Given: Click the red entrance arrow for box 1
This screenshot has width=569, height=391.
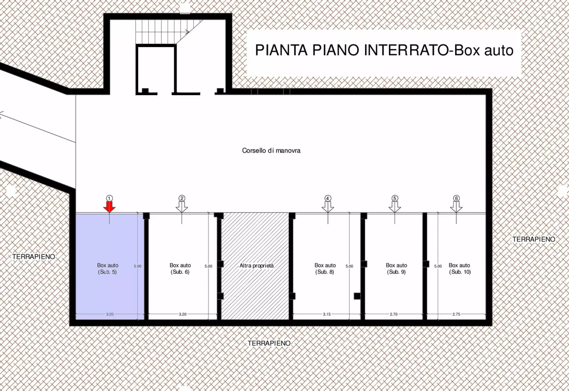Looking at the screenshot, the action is (109, 207).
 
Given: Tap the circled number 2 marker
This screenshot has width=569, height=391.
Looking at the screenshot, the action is (182, 198).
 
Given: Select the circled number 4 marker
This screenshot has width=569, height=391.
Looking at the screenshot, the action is (327, 198).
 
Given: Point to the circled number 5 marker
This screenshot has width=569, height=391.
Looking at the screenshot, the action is (394, 198).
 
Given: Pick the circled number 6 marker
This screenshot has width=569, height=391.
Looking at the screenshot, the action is (456, 198).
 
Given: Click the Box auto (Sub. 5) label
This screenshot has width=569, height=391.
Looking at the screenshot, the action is (108, 269).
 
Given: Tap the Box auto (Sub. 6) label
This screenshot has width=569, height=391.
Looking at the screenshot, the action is (180, 269).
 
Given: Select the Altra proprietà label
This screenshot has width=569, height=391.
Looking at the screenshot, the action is (257, 266).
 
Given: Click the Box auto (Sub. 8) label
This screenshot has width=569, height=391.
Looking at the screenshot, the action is (325, 269).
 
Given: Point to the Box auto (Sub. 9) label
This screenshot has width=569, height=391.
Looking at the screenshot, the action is (397, 269).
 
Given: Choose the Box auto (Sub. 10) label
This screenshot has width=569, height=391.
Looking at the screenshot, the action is (460, 269).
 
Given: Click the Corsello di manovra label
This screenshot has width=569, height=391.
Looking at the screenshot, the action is (271, 151).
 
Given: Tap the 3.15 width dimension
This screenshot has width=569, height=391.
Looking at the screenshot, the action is (327, 314).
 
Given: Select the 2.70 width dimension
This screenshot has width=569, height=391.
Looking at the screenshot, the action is (394, 314).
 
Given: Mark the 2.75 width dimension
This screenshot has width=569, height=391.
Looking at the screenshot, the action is (456, 314).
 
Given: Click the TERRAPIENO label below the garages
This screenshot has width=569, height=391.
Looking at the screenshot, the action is (269, 343).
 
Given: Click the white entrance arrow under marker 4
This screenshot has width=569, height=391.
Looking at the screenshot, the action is (328, 207).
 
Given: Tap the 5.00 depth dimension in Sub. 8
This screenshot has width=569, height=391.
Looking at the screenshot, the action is (349, 266).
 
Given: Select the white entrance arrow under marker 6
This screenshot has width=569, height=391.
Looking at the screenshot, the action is (456, 207).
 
